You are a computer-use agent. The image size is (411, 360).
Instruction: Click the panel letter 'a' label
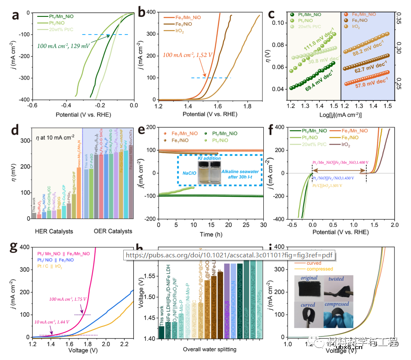[16, 16]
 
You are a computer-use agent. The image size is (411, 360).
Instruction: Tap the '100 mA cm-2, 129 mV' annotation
[66, 45]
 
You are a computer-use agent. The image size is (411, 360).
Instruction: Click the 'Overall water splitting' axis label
[209, 349]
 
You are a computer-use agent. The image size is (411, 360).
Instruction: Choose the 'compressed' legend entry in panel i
[320, 269]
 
